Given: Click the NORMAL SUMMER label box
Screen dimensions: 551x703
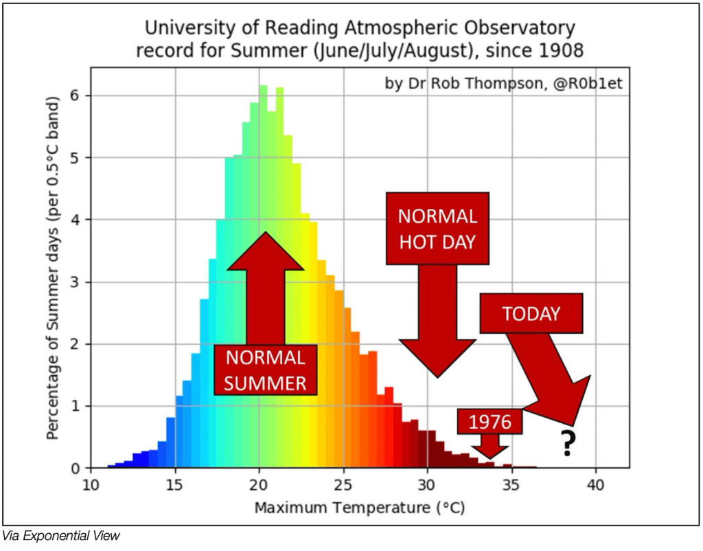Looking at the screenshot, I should [x=265, y=370].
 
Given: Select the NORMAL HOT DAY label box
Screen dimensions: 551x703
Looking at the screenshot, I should [x=437, y=228].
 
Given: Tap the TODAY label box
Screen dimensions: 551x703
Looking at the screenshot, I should [x=531, y=314].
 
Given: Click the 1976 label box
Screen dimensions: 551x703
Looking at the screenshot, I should [x=490, y=421].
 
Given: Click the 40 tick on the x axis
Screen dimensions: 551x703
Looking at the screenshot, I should [x=595, y=484].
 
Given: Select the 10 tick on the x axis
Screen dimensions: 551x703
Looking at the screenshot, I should [x=91, y=484].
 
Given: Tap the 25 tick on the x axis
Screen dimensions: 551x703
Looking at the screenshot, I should [x=343, y=484].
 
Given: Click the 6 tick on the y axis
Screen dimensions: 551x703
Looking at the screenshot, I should [x=77, y=95].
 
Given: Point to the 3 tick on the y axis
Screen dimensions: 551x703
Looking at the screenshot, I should [x=77, y=282].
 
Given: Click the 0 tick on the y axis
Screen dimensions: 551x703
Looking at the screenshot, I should [x=77, y=468].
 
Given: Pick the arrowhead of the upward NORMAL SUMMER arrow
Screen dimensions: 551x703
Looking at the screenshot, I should [x=265, y=251].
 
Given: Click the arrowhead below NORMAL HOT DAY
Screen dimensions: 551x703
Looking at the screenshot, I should [x=437, y=357].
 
